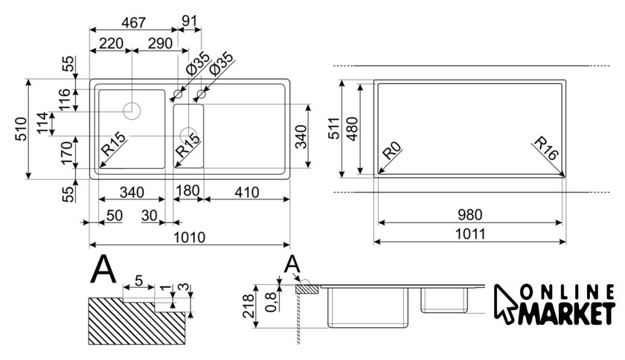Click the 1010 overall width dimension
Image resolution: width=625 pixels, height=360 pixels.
[189, 236]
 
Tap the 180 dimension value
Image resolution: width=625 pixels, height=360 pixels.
[187, 191]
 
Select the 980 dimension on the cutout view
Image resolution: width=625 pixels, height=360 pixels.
[469, 214]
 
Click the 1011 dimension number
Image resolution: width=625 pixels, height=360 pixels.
[469, 234]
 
